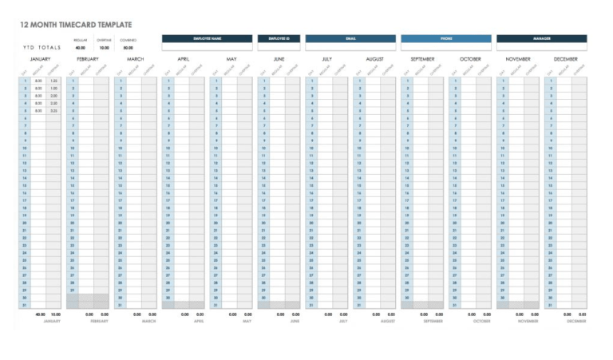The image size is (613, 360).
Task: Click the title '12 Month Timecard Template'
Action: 77,26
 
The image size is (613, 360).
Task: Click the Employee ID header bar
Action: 279,38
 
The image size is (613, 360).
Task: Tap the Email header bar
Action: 350,38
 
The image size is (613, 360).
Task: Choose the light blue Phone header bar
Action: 445,38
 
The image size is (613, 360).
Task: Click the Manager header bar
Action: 541,38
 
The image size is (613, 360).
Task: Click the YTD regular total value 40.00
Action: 81,48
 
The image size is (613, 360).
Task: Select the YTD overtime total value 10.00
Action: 104,48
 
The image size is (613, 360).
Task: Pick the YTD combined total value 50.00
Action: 128,48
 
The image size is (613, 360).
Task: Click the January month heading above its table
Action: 41,59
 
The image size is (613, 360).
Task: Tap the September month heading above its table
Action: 422,59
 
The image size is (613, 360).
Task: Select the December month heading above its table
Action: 565,59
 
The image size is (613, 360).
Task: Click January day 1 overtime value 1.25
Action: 53,81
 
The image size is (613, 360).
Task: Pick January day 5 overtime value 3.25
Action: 53,111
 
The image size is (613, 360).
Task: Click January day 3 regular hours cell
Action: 38,96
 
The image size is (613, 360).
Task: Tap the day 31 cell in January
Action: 25,305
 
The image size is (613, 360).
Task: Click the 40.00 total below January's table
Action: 40,315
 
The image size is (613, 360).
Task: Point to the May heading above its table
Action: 231,59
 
